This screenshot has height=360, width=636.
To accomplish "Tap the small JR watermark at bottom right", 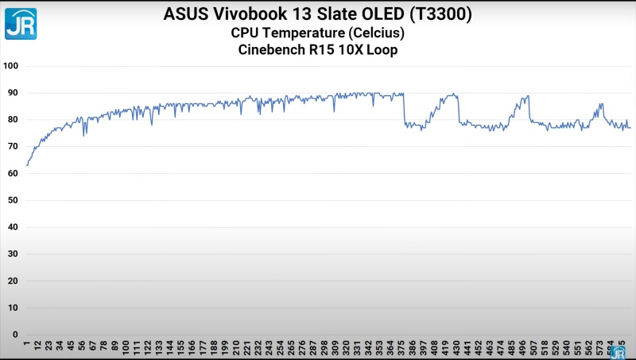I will tap(618, 352).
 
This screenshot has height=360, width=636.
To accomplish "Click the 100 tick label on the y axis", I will tap(10, 66).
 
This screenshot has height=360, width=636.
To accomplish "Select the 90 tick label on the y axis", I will tap(12, 93).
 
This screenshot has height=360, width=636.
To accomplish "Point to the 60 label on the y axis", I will tap(12, 173).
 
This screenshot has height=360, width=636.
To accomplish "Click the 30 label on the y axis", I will tap(12, 254).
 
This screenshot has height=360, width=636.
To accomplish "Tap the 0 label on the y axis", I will tap(14, 334).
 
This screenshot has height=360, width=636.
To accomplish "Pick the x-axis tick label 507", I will tap(533, 348).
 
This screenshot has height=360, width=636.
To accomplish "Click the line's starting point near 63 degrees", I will tap(27, 165).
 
